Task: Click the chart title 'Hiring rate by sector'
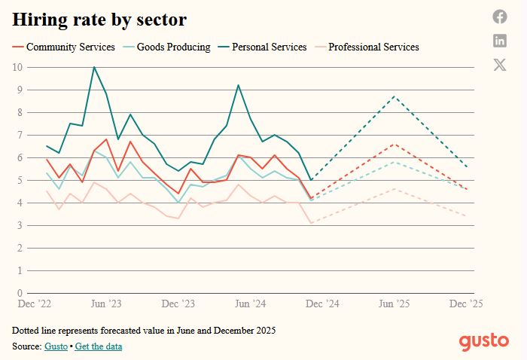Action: pyautogui.click(x=99, y=20)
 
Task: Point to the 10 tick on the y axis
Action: pyautogui.click(x=17, y=67)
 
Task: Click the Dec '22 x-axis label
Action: pyautogui.click(x=35, y=304)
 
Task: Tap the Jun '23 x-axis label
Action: pyautogui.click(x=106, y=304)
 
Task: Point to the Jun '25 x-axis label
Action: pyautogui.click(x=394, y=304)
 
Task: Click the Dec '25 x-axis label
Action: pyautogui.click(x=465, y=304)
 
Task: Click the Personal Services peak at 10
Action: pyautogui.click(x=94, y=67)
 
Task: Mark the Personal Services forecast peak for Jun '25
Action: pyautogui.click(x=394, y=96)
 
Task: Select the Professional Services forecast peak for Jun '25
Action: pyautogui.click(x=394, y=189)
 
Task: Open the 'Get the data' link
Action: pyautogui.click(x=98, y=346)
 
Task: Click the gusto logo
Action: pyautogui.click(x=484, y=341)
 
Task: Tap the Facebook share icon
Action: pyautogui.click(x=500, y=17)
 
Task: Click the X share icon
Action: pyautogui.click(x=500, y=65)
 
